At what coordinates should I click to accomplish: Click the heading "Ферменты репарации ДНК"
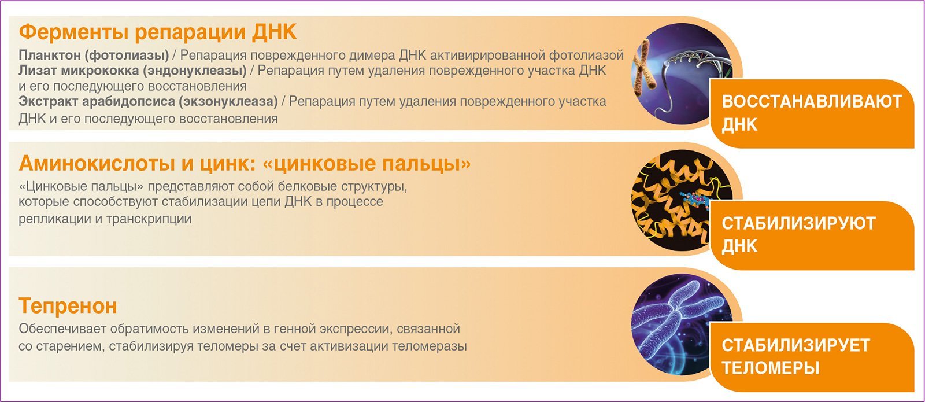[158, 32]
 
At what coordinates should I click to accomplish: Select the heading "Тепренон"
[68, 306]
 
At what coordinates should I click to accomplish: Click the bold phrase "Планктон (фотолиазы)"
[94, 56]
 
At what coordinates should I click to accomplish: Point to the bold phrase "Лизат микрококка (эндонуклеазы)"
[132, 71]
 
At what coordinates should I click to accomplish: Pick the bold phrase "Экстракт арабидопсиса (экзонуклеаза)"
[148, 102]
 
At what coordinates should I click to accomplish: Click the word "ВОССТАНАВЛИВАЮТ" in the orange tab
[812, 102]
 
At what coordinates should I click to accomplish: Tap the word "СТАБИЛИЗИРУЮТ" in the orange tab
[798, 223]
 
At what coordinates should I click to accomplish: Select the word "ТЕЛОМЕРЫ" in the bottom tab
[771, 368]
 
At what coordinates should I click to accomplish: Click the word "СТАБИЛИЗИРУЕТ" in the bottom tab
[795, 345]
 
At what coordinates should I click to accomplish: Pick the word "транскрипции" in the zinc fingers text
[149, 219]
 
